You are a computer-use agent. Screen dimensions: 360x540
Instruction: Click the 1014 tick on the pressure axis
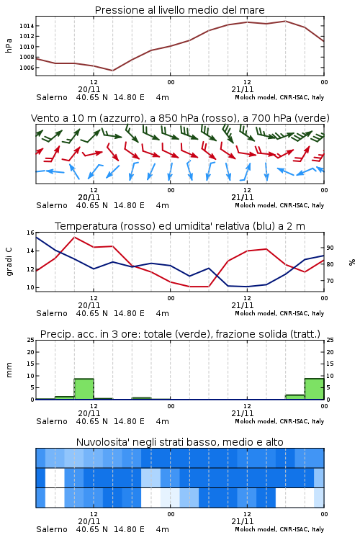26,26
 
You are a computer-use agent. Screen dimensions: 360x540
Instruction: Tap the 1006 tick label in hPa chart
26,68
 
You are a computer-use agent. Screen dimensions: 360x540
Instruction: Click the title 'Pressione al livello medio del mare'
179,10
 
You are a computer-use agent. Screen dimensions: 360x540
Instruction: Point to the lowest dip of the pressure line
112,71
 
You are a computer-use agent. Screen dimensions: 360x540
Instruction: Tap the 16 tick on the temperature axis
30,233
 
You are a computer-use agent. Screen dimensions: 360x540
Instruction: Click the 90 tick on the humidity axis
330,248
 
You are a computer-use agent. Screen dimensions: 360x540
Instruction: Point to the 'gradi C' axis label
9,262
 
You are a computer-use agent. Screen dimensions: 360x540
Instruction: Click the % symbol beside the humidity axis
352,262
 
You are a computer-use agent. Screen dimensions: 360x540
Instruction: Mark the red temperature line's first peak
74,238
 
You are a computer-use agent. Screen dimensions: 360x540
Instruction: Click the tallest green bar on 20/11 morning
84,389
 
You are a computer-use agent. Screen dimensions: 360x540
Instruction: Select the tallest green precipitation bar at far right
314,389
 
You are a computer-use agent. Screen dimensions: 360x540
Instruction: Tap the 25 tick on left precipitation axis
30,341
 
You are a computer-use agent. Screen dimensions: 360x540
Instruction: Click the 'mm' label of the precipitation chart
9,369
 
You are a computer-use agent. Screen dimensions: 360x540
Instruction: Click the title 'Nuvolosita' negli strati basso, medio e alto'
179,442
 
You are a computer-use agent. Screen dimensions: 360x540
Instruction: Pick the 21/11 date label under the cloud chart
242,521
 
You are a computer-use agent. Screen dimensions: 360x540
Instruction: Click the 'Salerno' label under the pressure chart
52,97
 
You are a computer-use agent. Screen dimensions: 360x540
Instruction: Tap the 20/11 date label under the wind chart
89,198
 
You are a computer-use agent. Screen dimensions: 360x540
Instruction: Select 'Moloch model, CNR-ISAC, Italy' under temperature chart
279,313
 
